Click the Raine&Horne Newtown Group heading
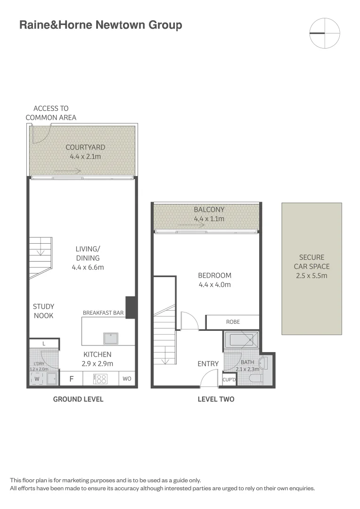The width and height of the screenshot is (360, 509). pyautogui.click(x=100, y=25)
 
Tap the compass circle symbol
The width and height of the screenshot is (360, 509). pyautogui.click(x=325, y=33)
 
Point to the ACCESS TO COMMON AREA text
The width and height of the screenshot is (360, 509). pyautogui.click(x=51, y=113)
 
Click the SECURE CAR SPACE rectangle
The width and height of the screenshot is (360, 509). pyautogui.click(x=311, y=269)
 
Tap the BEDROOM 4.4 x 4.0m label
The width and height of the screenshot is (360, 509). pyautogui.click(x=214, y=280)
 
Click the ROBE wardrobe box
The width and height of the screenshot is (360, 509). pyautogui.click(x=233, y=322)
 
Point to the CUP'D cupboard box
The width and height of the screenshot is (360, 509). pyautogui.click(x=229, y=379)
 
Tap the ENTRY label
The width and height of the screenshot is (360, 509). pyautogui.click(x=208, y=363)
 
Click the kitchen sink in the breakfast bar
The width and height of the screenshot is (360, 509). pyautogui.click(x=111, y=338)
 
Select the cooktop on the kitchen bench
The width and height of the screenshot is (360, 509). pyautogui.click(x=101, y=378)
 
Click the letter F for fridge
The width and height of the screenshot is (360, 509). pyautogui.click(x=72, y=378)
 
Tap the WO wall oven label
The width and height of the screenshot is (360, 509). pyautogui.click(x=127, y=378)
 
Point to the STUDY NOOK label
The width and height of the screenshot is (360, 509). pyautogui.click(x=43, y=311)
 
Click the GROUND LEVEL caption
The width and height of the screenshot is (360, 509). pyautogui.click(x=78, y=399)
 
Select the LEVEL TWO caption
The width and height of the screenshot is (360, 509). pyautogui.click(x=215, y=399)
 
